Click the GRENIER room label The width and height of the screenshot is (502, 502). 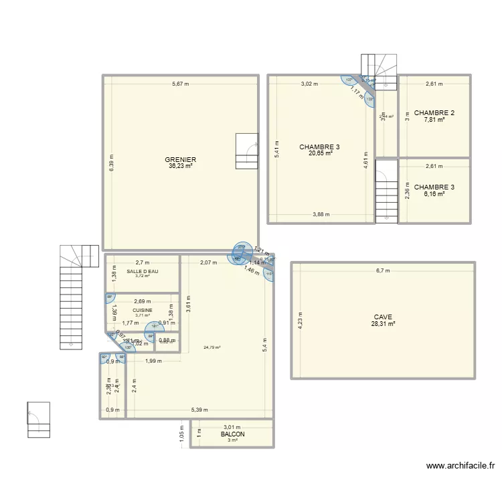181,160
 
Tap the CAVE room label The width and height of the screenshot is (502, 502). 384,317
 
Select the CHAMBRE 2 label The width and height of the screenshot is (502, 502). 434,112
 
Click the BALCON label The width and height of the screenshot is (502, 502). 232,434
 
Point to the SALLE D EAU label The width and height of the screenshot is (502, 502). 142,271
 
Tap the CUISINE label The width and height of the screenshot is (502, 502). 142,311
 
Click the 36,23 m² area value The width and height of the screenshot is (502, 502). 181,167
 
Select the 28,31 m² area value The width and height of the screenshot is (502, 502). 384,324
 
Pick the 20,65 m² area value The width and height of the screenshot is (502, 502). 321,153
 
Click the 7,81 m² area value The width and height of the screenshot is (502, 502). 434,120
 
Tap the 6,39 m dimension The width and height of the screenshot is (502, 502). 112,163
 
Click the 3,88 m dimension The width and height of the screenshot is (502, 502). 322,215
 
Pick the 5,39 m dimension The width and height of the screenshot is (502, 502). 199,410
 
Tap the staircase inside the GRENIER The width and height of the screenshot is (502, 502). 246,151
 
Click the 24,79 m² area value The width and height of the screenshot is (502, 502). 212,347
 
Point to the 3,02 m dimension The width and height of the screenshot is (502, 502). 309,84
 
